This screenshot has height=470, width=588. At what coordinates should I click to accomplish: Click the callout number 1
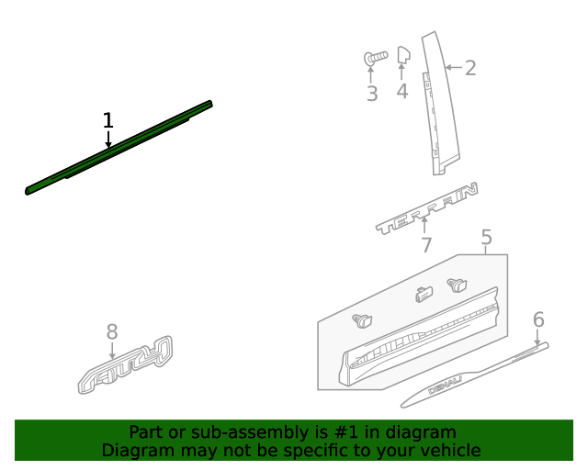108,120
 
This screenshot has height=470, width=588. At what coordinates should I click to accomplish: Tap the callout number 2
470,67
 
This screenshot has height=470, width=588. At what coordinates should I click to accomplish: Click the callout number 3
371,94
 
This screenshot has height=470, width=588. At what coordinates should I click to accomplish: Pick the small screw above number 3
375,59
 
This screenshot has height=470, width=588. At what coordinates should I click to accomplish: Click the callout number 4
401,91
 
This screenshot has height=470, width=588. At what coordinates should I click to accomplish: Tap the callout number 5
487,239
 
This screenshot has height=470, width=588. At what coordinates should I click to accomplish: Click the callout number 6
538,319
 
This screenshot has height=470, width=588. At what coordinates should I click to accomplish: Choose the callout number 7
426,245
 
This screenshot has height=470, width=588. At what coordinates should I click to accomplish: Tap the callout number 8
112,331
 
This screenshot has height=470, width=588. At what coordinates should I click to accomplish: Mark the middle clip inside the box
424,294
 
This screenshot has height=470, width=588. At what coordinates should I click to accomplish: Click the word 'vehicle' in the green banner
450,450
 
